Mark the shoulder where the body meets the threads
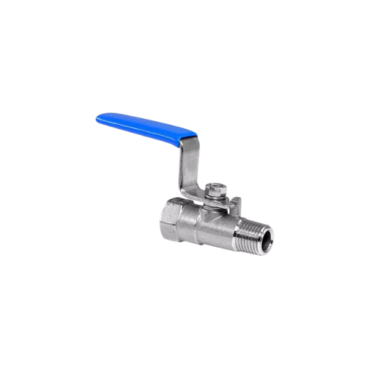[x=237, y=230]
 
